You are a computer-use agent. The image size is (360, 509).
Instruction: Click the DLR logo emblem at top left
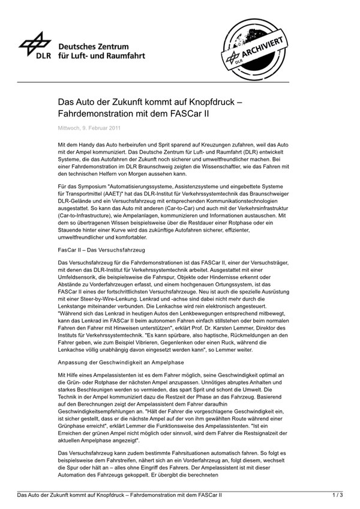pyautogui.click(x=34, y=44)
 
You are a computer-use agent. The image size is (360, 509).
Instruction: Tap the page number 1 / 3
pyautogui.click(x=337, y=496)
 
